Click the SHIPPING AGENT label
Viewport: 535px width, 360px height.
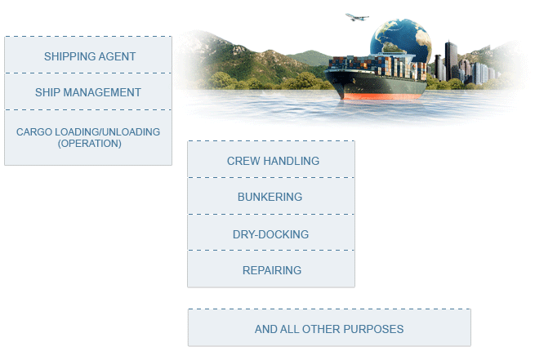coord(90,56)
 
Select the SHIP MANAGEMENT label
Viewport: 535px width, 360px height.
coord(88,92)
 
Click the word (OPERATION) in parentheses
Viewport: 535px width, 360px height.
coord(89,144)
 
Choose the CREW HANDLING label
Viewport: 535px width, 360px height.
coord(273,161)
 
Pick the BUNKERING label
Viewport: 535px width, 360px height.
coord(270,197)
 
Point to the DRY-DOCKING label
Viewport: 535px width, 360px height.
coord(270,234)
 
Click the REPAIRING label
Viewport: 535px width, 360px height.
coord(272,270)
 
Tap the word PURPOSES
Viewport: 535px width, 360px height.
coord(373,329)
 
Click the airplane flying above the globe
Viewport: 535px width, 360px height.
coord(357,17)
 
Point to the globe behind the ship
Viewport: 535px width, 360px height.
coord(400,39)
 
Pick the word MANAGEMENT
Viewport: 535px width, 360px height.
coord(102,92)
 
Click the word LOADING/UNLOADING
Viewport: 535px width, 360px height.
coord(107,132)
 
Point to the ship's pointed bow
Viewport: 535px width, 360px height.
coord(326,72)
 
